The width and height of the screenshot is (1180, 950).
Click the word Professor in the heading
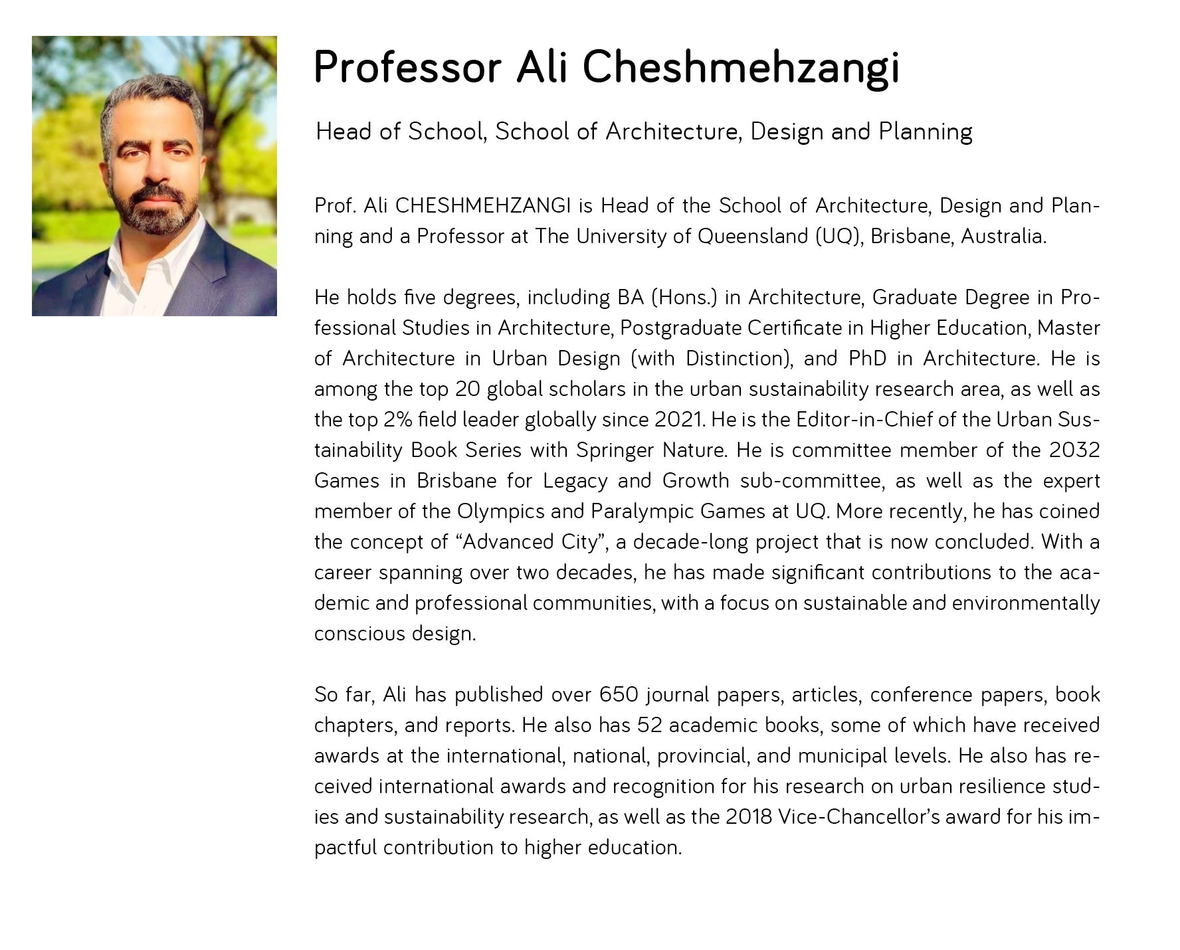click(407, 67)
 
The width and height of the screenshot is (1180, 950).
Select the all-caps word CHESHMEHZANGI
click(483, 206)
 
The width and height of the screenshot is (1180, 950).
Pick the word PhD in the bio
click(867, 359)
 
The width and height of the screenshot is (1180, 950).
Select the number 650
click(618, 695)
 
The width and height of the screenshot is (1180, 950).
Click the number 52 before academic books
click(649, 725)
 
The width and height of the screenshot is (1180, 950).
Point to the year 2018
click(748, 817)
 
